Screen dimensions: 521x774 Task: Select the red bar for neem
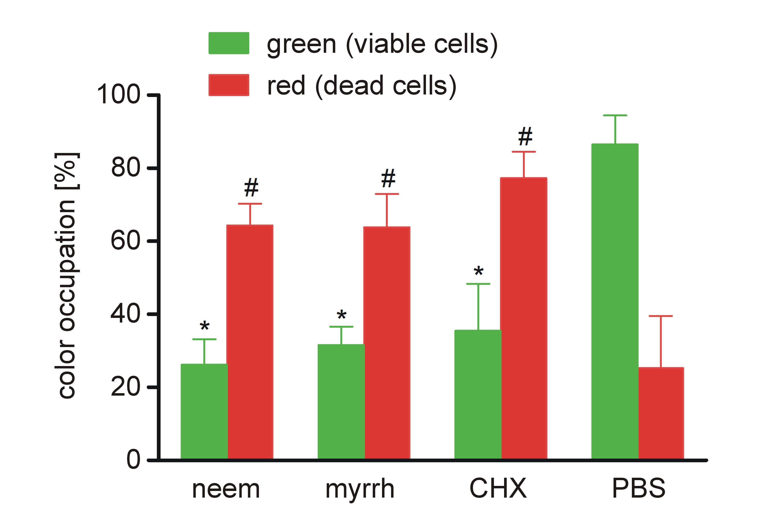coord(250,342)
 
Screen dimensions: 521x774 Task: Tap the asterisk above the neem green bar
coord(205,326)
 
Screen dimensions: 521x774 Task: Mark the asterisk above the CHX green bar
coord(478,272)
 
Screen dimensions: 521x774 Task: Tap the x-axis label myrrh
coord(360,489)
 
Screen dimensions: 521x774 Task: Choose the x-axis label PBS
coord(638,488)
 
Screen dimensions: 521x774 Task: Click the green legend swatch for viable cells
coord(229,43)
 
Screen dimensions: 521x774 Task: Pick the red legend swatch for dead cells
coord(229,85)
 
